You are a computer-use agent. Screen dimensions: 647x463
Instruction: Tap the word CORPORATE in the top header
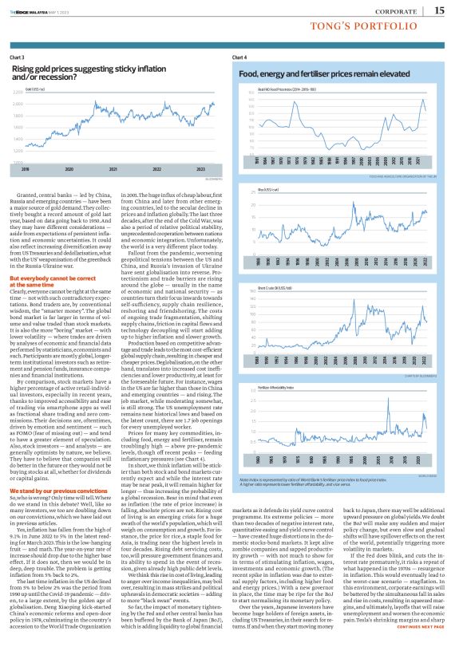click(396, 10)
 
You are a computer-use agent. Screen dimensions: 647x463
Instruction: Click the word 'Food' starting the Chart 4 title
click(247, 74)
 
